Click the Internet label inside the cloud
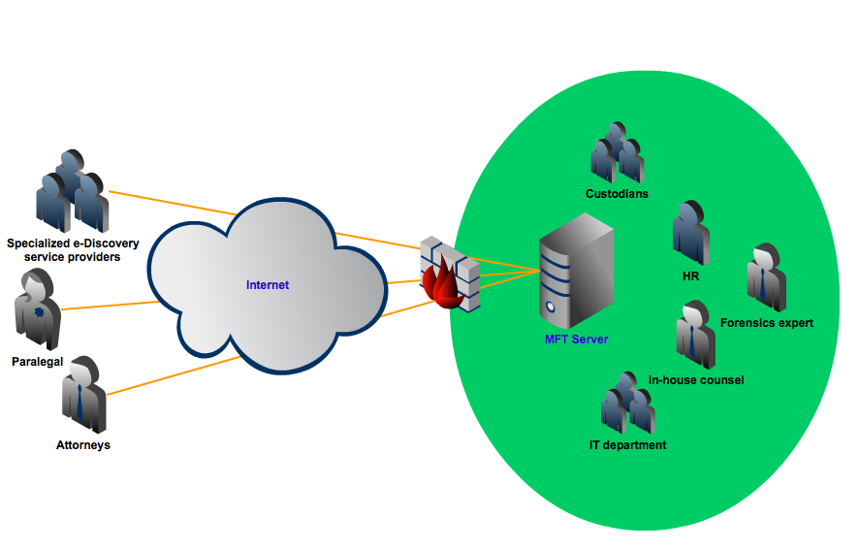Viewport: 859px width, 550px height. point(268,284)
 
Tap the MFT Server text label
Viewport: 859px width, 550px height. point(576,340)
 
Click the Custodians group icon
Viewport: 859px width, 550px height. point(617,153)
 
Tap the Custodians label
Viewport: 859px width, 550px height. point(617,194)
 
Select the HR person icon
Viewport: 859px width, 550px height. point(691,232)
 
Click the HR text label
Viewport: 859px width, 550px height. point(691,276)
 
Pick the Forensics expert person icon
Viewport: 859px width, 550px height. point(766,275)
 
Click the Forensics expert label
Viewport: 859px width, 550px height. point(767,323)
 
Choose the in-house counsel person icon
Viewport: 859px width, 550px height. point(695,334)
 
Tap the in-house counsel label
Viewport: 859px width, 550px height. point(696,380)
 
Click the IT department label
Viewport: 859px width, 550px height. point(627,445)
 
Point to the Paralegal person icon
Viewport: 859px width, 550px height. point(38,307)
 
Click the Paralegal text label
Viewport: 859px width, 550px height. point(38,361)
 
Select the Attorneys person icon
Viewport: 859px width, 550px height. point(83,394)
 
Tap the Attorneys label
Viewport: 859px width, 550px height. point(83,445)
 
